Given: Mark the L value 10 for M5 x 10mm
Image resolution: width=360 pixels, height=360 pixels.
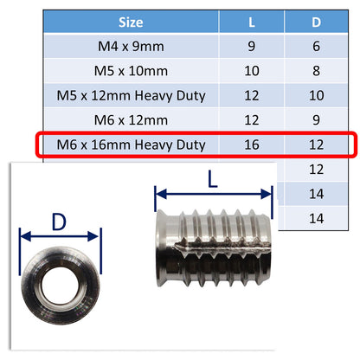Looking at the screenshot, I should click(x=252, y=69).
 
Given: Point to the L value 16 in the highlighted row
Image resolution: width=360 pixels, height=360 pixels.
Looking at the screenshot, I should click(x=252, y=145).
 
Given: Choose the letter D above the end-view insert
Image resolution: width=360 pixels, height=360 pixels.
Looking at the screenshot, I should click(x=60, y=222).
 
